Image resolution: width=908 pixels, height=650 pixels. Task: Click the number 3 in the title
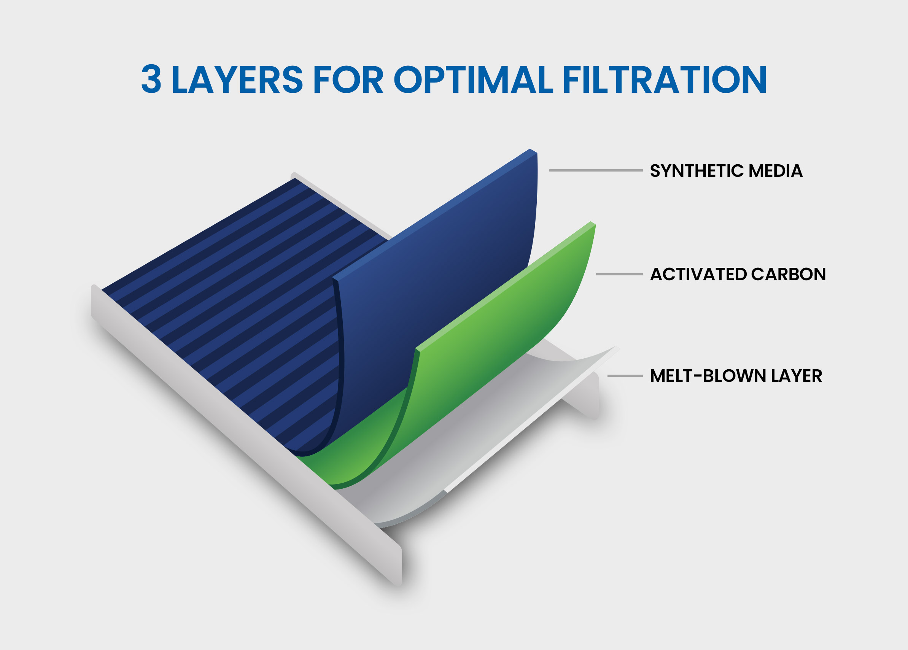click(x=151, y=79)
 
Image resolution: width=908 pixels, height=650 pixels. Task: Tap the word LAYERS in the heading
click(x=237, y=79)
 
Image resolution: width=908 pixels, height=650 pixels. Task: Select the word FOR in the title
click(x=349, y=79)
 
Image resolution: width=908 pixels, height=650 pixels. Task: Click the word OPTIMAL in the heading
click(x=474, y=79)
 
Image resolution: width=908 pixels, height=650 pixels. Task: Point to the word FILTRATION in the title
click(x=665, y=79)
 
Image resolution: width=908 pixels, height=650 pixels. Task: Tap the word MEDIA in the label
click(x=776, y=171)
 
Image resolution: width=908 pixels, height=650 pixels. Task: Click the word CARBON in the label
click(x=788, y=274)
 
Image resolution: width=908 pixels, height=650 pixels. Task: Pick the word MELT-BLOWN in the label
click(x=707, y=376)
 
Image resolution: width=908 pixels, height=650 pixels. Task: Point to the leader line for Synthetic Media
click(x=596, y=170)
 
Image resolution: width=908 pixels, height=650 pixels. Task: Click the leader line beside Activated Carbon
click(x=619, y=274)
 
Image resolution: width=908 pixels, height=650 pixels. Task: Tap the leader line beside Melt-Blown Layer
click(x=625, y=376)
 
